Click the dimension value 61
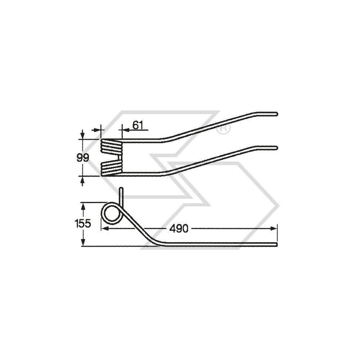click(138, 125)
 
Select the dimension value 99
click(83, 158)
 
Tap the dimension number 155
click(83, 224)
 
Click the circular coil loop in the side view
click(111, 213)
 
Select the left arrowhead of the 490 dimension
click(104, 229)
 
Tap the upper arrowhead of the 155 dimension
click(83, 206)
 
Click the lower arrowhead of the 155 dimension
click(83, 243)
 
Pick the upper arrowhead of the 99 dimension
click(83, 136)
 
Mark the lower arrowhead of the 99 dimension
click(83, 179)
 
